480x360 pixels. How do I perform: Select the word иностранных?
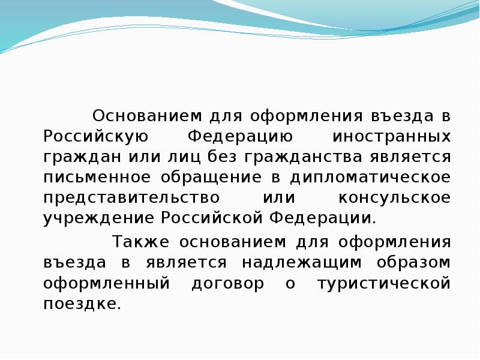tap(390, 136)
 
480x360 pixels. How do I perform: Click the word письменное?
tap(95, 178)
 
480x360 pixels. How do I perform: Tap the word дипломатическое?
tap(370, 178)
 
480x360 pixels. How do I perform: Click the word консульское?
tap(394, 198)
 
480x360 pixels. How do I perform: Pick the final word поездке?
tap(82, 304)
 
